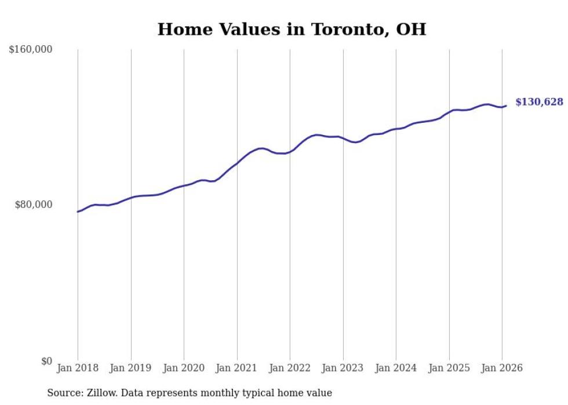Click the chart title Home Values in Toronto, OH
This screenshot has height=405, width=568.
click(x=292, y=30)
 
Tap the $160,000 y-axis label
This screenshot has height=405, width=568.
click(x=31, y=50)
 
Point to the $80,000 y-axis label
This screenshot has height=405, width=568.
click(x=34, y=205)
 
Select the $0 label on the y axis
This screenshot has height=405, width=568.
click(x=47, y=361)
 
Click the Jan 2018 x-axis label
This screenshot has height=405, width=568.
click(x=78, y=368)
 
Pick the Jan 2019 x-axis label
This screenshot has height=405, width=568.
click(x=131, y=368)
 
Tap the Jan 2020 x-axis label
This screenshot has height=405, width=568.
click(x=184, y=368)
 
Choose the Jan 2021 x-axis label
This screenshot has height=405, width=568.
click(x=237, y=368)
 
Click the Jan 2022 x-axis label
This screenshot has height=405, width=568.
click(x=290, y=368)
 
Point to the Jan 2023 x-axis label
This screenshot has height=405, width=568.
click(x=343, y=368)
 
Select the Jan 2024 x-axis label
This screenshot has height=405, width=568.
click(x=396, y=368)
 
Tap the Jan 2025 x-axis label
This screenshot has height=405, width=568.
click(x=449, y=368)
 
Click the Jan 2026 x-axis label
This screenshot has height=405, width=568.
click(x=502, y=368)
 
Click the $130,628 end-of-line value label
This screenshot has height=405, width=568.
click(x=539, y=103)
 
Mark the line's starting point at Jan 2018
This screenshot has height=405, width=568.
click(x=78, y=211)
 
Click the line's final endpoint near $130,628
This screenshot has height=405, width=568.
click(x=506, y=105)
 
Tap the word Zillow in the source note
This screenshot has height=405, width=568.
click(x=100, y=393)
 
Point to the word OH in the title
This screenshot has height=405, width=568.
click(x=411, y=30)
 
